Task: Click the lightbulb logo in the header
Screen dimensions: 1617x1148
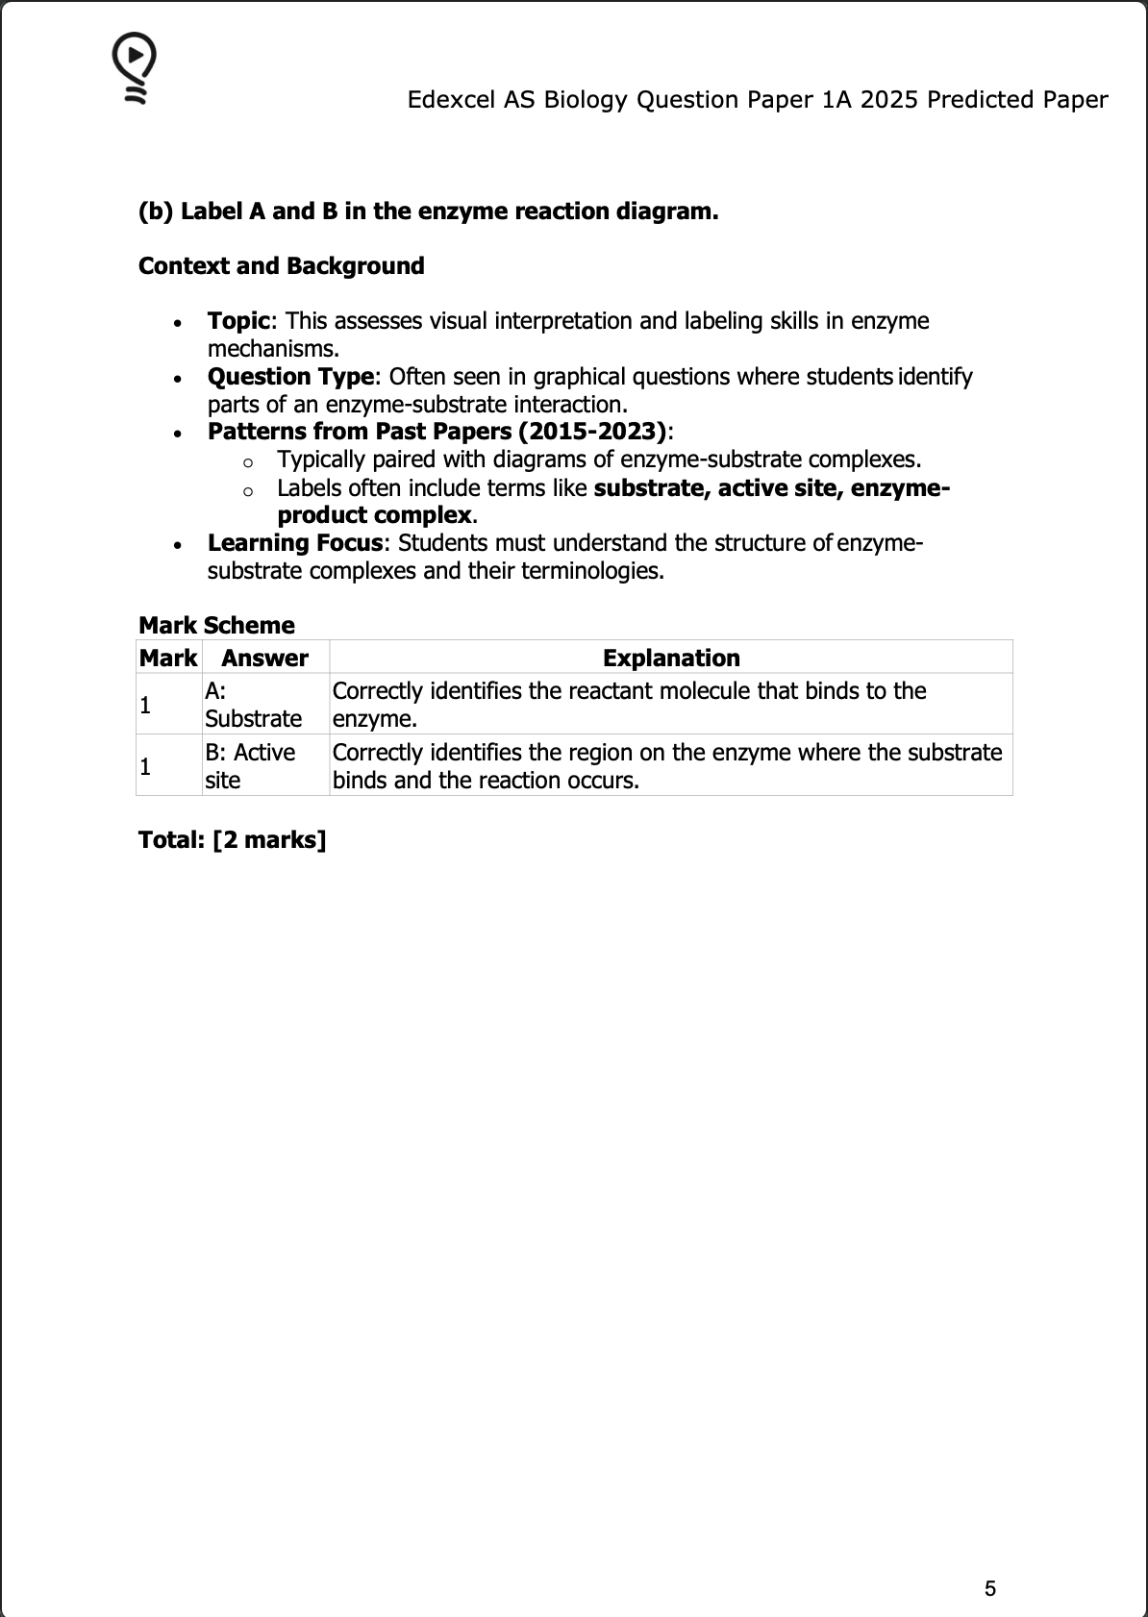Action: [135, 67]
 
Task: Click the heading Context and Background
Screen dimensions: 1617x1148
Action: [281, 266]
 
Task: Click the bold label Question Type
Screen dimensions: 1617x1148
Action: [290, 377]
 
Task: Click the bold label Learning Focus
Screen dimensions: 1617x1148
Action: [295, 543]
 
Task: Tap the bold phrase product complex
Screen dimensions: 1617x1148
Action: [374, 515]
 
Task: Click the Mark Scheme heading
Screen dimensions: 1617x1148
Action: [216, 626]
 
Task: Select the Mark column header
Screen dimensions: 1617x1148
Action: [168, 659]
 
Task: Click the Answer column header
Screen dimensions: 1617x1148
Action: [264, 659]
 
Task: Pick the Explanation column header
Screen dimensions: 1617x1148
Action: [671, 659]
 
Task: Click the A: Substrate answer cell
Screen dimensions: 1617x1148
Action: [253, 705]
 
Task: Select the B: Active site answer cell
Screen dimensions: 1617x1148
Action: [250, 766]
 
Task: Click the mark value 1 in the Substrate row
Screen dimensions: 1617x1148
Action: [145, 706]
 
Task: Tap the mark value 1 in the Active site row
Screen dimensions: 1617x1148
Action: [145, 767]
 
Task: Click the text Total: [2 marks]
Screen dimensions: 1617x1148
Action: [233, 840]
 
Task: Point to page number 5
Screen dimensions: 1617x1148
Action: [990, 1588]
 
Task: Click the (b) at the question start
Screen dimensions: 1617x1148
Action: [156, 211]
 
